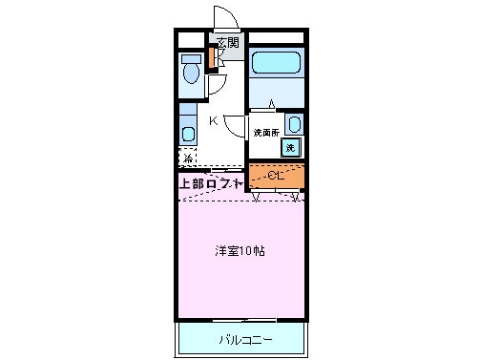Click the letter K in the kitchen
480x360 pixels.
(x=214, y=120)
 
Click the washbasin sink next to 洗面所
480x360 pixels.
(x=293, y=124)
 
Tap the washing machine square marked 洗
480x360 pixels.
(x=290, y=147)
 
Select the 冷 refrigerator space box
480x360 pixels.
(x=187, y=158)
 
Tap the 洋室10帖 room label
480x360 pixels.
(x=239, y=251)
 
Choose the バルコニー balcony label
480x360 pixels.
(x=244, y=339)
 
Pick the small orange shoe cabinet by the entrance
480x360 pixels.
(x=212, y=55)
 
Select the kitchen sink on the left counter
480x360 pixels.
(x=188, y=132)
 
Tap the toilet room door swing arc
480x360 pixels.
(x=216, y=84)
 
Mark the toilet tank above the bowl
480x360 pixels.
(x=189, y=58)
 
